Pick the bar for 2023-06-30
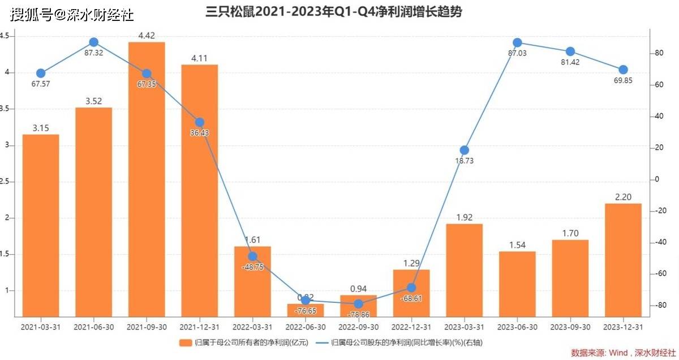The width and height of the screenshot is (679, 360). (517, 284)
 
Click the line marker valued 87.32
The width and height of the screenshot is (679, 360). (94, 42)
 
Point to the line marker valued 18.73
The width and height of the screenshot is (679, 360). (464, 150)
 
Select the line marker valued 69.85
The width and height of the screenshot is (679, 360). (623, 70)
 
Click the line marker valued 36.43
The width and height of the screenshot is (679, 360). (200, 122)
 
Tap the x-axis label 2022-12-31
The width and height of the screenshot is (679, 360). (411, 327)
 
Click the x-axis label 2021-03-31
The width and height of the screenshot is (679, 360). (41, 327)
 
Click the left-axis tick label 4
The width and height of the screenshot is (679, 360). (7, 72)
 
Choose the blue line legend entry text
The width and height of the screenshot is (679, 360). (407, 342)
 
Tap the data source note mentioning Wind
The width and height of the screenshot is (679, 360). (622, 353)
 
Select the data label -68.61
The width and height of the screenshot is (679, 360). (411, 298)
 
